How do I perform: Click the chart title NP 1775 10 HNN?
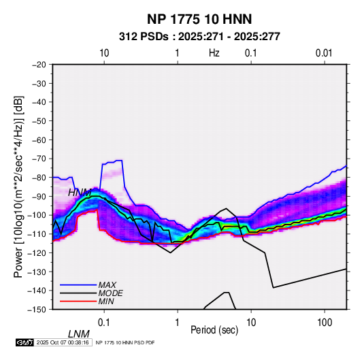click(x=199, y=19)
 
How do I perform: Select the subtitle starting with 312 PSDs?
click(x=199, y=37)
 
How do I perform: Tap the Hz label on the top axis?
click(x=214, y=53)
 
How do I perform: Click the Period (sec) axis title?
click(x=214, y=330)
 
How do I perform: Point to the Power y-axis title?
click(x=18, y=186)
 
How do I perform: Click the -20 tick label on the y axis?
click(x=39, y=65)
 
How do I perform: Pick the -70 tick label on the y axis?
click(x=39, y=159)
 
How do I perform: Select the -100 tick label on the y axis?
click(x=37, y=215)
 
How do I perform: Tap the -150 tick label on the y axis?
click(x=37, y=310)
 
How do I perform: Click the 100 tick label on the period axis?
click(x=325, y=323)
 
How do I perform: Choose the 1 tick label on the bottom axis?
click(x=178, y=323)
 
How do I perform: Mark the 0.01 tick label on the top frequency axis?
click(x=324, y=53)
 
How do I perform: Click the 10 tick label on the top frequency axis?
click(x=104, y=53)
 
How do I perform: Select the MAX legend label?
click(x=107, y=285)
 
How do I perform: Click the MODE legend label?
click(x=110, y=293)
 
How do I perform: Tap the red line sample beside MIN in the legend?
click(x=78, y=301)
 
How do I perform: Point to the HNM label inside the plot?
click(x=80, y=193)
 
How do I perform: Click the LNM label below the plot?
click(x=79, y=334)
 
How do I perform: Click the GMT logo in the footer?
click(x=25, y=342)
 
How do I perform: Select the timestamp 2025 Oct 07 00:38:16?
click(x=63, y=342)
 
